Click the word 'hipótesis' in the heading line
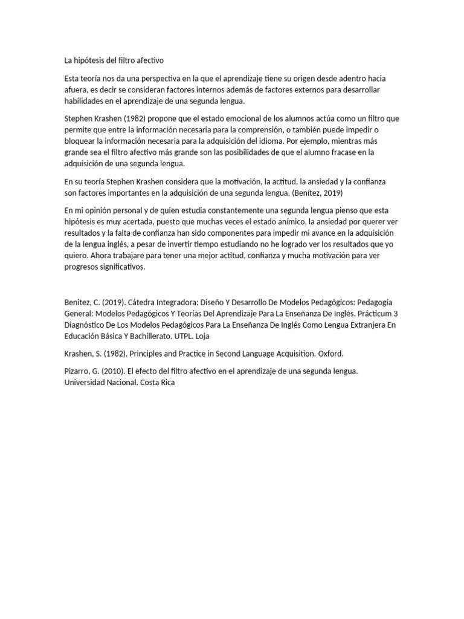pos(91,61)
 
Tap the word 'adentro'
pos(353,79)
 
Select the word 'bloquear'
pos(80,140)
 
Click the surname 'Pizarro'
pos(78,371)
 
